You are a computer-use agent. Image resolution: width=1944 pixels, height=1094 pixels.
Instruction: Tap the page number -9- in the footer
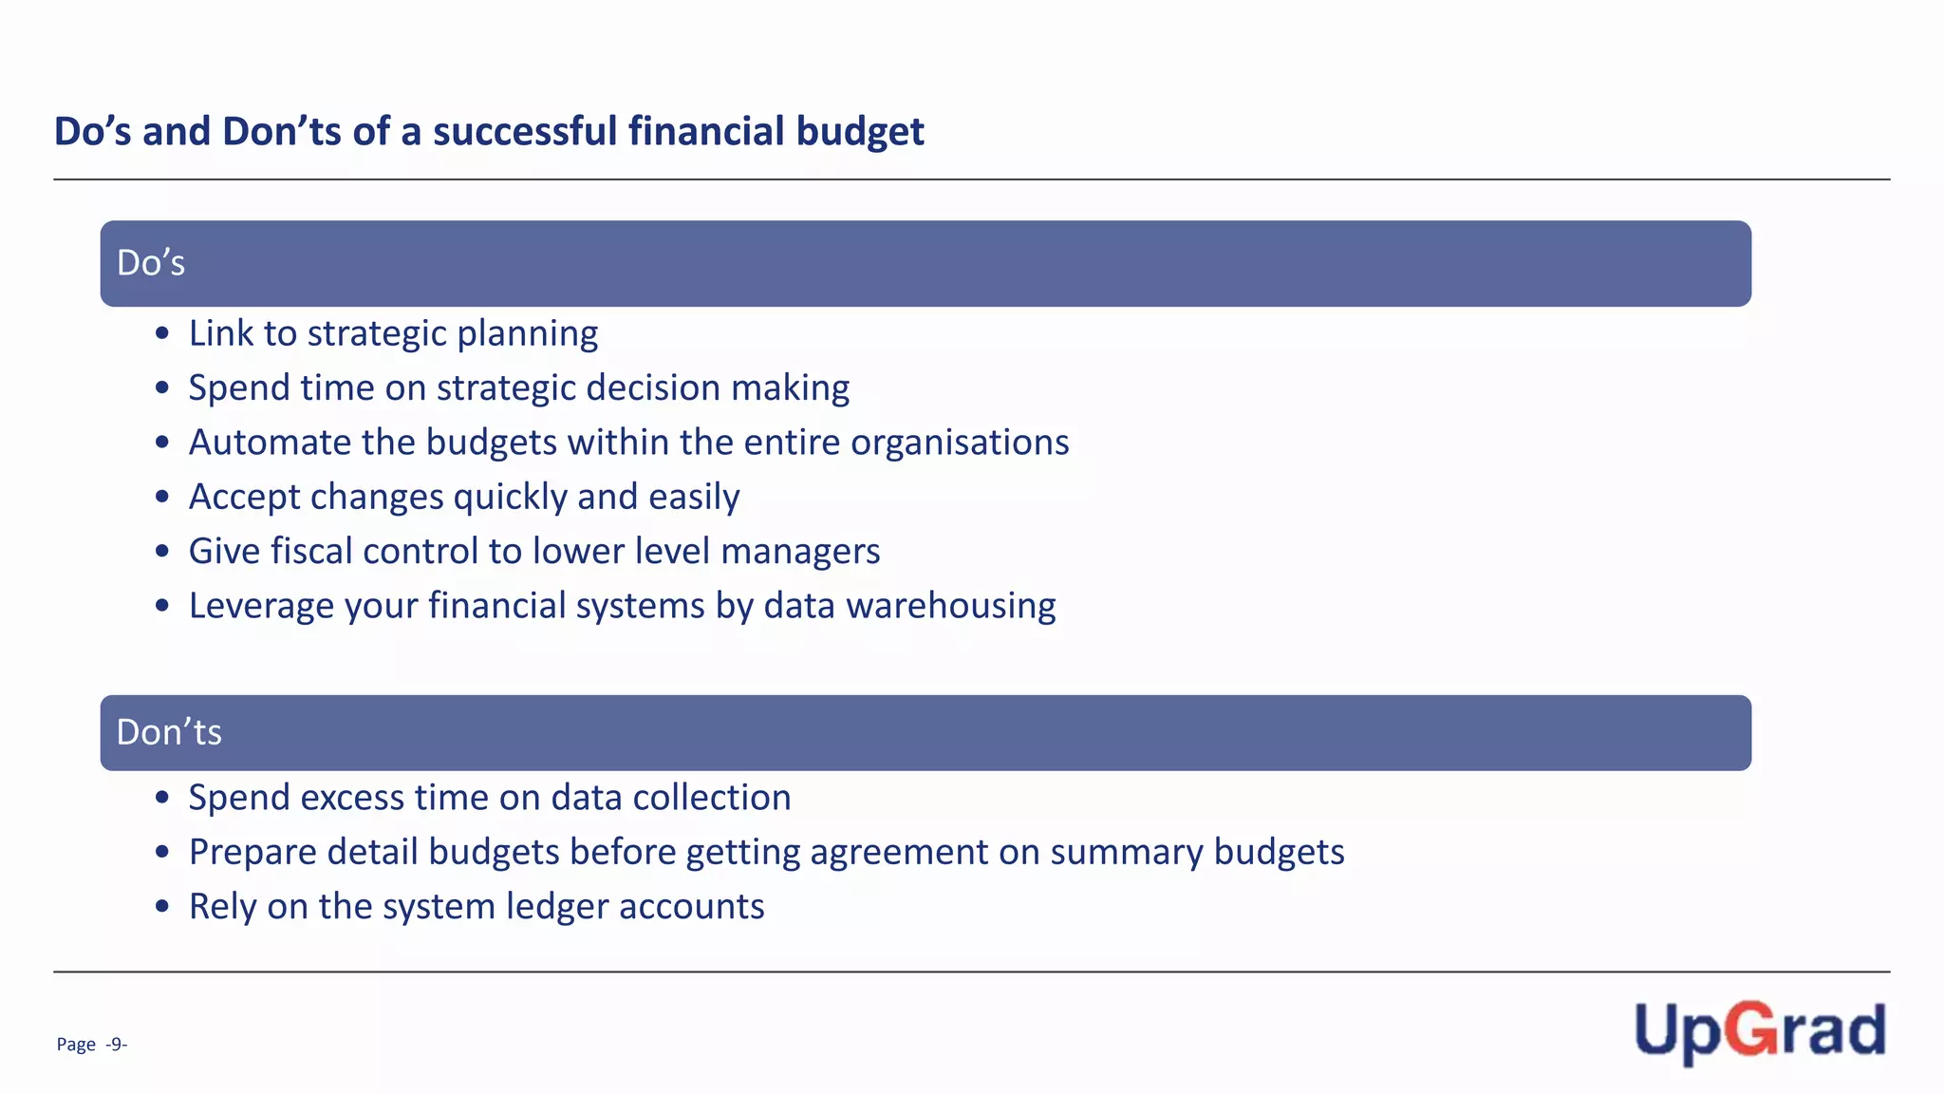116,1045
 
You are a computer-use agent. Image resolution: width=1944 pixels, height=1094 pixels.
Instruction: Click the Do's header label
151,263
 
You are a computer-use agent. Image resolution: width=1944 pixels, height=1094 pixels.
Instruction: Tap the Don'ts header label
169,732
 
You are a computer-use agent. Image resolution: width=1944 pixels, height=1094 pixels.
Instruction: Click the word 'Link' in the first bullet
220,333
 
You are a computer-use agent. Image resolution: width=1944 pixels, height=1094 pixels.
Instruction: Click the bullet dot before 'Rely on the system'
162,907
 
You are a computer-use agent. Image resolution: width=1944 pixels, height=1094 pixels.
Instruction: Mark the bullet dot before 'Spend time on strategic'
162,387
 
